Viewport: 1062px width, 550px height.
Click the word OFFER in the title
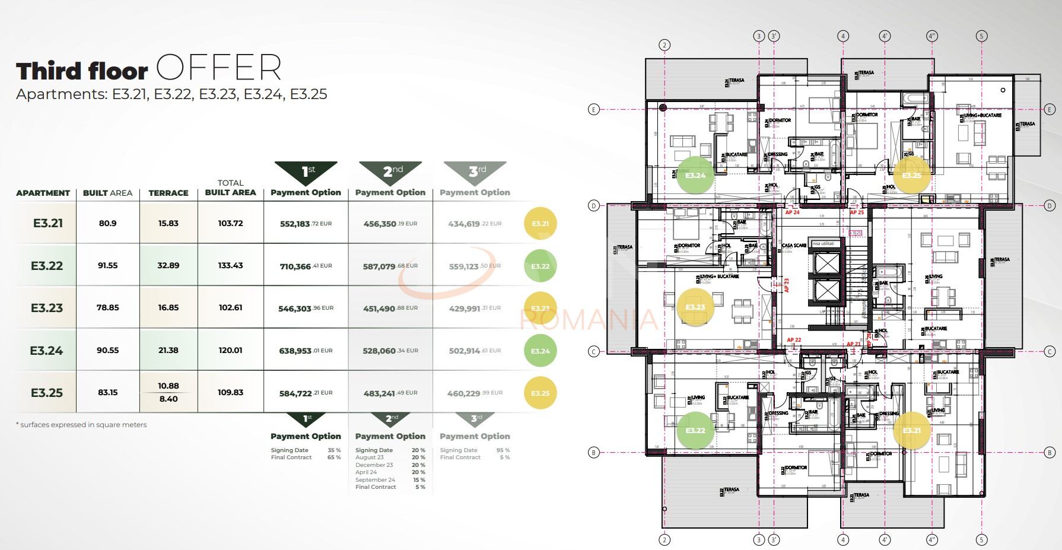(219, 68)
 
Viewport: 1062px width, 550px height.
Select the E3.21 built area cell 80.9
(107, 224)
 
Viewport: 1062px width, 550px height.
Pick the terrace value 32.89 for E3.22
(168, 266)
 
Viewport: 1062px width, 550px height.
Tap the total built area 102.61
(230, 308)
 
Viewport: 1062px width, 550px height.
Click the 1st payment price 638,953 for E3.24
(295, 351)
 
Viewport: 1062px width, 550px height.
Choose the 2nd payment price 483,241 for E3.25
(380, 393)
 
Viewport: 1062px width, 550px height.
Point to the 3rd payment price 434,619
(464, 224)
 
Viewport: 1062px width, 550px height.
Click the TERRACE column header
(168, 193)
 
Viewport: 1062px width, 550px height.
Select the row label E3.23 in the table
(47, 308)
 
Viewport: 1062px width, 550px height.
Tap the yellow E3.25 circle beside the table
(540, 393)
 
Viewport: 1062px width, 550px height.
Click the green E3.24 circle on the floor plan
(695, 175)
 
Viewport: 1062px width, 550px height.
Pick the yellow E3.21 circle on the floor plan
(911, 430)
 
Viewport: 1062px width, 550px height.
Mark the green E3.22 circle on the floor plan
(695, 430)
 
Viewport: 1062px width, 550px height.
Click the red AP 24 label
(792, 212)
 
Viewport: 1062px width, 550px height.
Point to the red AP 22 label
(794, 340)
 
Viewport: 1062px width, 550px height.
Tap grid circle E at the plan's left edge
(593, 109)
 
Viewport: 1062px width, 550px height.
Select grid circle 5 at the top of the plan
(981, 36)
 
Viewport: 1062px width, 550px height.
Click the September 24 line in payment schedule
(376, 480)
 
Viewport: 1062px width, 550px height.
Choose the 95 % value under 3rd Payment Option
(503, 450)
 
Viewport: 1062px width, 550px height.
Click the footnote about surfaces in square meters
(82, 425)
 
